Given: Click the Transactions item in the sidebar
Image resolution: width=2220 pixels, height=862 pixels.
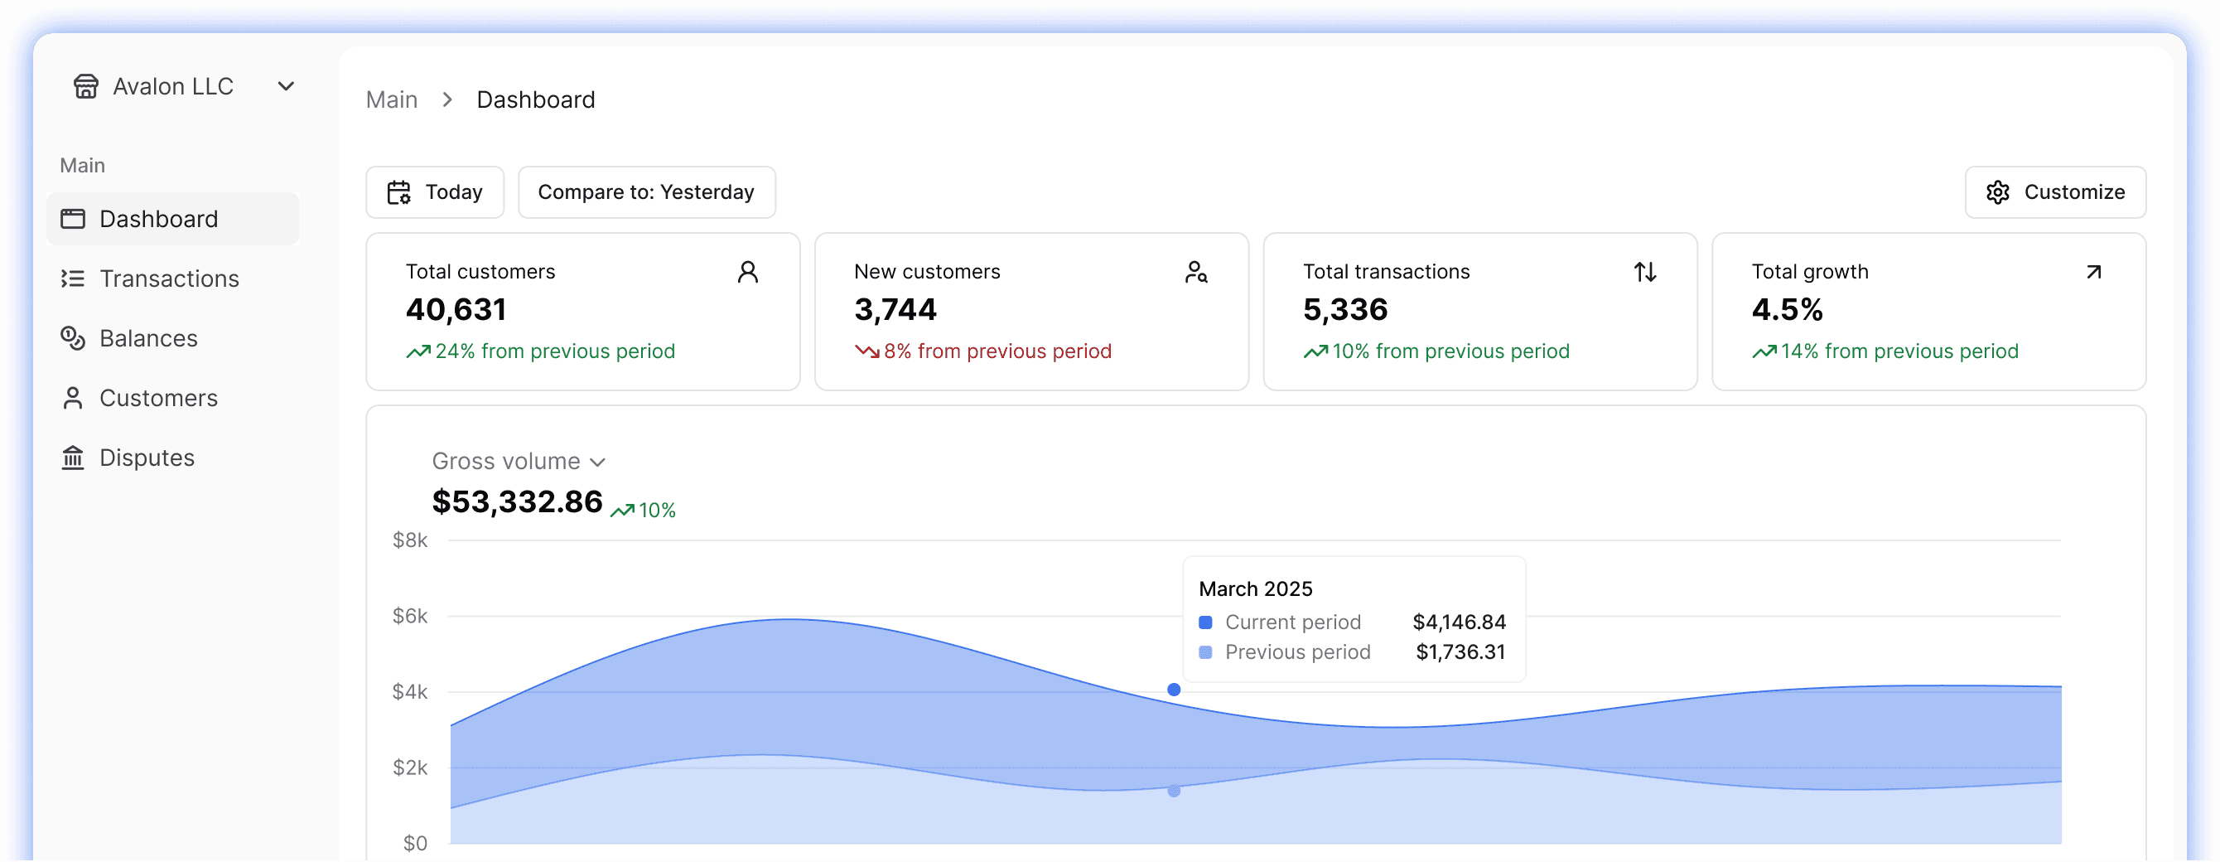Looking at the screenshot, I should tap(169, 278).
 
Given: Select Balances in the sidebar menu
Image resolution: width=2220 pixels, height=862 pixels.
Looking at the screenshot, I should tap(148, 338).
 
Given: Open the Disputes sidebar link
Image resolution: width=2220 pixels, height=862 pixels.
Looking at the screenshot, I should tap(147, 458).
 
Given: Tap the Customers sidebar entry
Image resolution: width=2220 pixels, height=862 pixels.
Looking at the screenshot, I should tap(158, 398).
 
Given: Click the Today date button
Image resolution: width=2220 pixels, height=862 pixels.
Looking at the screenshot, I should tap(435, 192).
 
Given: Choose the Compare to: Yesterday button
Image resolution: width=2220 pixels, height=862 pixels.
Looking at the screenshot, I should tap(646, 192).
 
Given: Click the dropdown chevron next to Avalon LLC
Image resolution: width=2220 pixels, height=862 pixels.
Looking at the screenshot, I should tap(286, 86).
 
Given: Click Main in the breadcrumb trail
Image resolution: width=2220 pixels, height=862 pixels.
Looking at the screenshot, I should tap(391, 100).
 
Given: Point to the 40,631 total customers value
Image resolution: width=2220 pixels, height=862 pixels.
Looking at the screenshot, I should tap(456, 309).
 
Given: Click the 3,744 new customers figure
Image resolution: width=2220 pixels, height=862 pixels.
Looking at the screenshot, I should tap(895, 309).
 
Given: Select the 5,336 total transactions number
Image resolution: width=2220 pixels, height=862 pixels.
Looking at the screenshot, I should tap(1345, 309).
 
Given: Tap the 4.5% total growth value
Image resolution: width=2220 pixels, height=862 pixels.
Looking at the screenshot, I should tap(1787, 309).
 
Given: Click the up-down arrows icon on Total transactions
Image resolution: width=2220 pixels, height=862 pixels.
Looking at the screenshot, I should tap(1645, 273).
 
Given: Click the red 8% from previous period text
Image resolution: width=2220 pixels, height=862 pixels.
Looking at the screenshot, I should tap(997, 351).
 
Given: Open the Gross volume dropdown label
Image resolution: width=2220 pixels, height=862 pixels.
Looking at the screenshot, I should tap(518, 461).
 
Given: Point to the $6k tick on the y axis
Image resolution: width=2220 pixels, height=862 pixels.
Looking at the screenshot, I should tap(409, 616).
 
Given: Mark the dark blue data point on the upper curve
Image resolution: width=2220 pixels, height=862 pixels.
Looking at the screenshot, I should tap(1174, 690).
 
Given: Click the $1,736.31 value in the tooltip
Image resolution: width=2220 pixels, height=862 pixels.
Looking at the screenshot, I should tap(1460, 651).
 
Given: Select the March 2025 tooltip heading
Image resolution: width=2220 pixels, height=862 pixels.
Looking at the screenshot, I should tap(1256, 588).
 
